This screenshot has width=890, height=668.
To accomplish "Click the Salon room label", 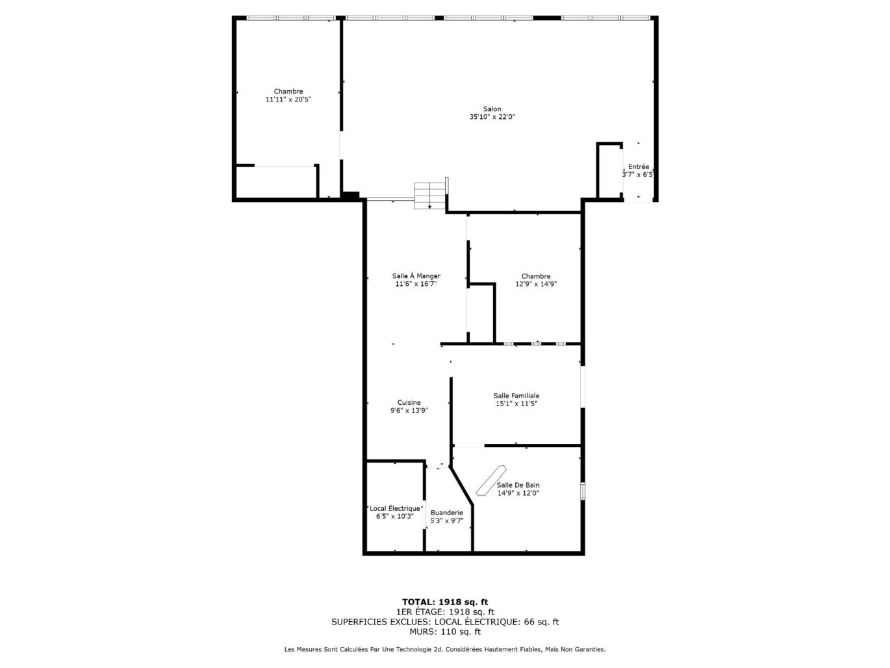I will tap(492, 109).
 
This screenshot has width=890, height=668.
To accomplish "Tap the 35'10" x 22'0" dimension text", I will tap(492, 118).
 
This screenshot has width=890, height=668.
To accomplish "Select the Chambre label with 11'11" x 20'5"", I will tap(288, 92).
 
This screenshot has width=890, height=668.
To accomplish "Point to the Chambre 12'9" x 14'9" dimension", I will tap(536, 284).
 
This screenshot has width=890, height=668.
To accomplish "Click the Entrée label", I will tap(638, 167).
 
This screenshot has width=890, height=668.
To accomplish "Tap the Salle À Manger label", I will tap(416, 276).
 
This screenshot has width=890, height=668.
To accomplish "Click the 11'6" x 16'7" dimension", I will tap(416, 284).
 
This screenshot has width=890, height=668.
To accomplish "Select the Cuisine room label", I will tap(409, 403).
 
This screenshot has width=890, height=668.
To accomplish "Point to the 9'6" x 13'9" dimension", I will tap(409, 411).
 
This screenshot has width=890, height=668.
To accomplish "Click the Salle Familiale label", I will tap(516, 396).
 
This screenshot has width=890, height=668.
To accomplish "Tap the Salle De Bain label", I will tap(518, 485).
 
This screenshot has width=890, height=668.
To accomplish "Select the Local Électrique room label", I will tap(394, 509).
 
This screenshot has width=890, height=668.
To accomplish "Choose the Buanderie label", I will tap(446, 513).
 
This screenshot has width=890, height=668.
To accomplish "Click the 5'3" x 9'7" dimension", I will tap(446, 520).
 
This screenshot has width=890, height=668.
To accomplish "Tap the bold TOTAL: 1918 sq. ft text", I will tap(444, 602).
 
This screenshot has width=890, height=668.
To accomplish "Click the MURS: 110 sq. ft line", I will tap(444, 632).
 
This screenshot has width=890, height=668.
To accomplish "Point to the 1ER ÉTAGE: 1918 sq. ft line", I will tap(444, 612).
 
